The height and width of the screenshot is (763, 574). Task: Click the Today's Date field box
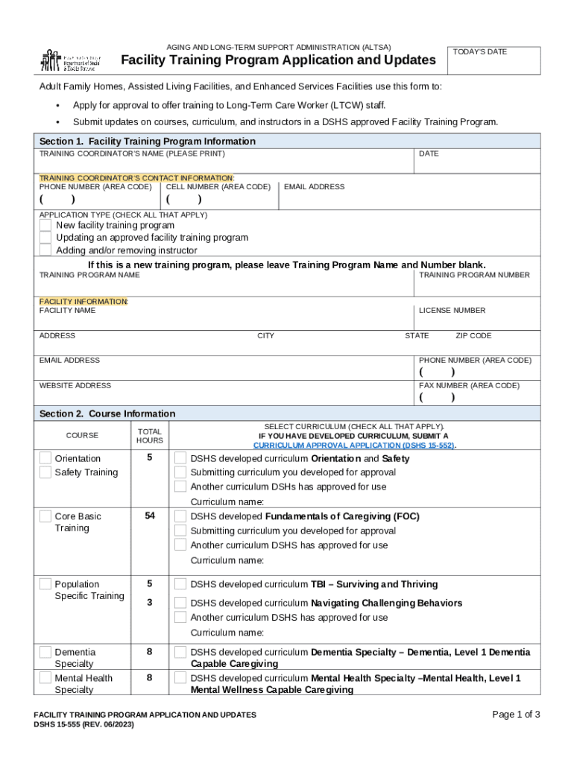coord(493,60)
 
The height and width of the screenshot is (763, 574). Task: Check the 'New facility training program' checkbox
coord(45,225)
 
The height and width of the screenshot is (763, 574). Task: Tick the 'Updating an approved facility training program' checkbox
coord(45,238)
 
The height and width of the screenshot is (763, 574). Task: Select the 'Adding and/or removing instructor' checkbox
coord(45,250)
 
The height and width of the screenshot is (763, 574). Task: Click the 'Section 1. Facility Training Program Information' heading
coord(148,141)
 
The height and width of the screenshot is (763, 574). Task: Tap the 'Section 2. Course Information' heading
coord(107,414)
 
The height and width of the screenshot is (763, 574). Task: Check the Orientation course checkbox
coord(45,458)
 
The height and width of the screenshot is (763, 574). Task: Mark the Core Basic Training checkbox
coord(45,516)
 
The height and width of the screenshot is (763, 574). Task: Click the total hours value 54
coord(150,516)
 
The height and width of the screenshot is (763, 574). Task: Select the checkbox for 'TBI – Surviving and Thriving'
coord(180,584)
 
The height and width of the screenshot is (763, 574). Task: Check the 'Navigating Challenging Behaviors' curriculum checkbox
coord(180,603)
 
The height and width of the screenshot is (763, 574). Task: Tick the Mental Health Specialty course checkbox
coord(45,678)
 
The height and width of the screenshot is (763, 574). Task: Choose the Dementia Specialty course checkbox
coord(45,652)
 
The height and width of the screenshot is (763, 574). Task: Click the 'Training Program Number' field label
coord(474,275)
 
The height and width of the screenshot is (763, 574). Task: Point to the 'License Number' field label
coord(452,310)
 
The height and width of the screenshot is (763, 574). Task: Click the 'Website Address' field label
coord(75,385)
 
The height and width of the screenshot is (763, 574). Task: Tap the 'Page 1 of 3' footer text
coord(516,715)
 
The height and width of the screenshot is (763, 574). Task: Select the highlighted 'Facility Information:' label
coord(83,301)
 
